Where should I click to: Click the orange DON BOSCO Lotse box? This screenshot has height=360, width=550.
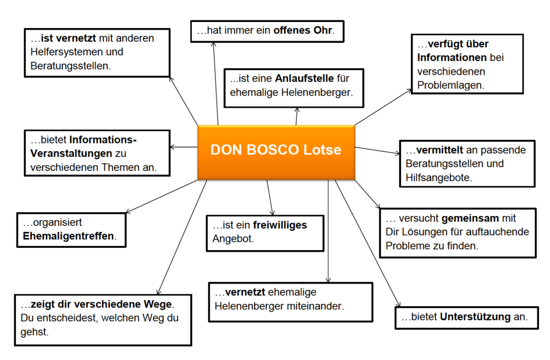pyautogui.click(x=276, y=152)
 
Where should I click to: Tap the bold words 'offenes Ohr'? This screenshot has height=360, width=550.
pyautogui.click(x=302, y=30)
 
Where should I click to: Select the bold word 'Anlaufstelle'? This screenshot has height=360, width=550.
pyautogui.click(x=305, y=78)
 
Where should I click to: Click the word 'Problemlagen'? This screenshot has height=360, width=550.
pyautogui.click(x=450, y=85)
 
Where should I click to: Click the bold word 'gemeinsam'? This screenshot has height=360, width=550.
pyautogui.click(x=470, y=218)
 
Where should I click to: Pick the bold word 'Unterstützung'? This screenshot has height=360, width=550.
pyautogui.click(x=475, y=317)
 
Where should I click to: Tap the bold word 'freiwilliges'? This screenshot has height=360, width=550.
pyautogui.click(x=280, y=225)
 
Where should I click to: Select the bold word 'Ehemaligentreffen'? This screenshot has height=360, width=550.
pyautogui.click(x=68, y=236)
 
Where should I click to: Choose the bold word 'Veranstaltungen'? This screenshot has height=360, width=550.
pyautogui.click(x=71, y=153)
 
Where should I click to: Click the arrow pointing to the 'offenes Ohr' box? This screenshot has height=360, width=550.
pyautogui.click(x=216, y=84)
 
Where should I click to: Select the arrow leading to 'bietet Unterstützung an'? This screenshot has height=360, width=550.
pyautogui.click(x=367, y=243)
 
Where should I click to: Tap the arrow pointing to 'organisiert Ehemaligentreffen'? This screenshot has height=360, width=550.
pyautogui.click(x=162, y=196)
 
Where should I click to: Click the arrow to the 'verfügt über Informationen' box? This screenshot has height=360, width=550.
pyautogui.click(x=383, y=107)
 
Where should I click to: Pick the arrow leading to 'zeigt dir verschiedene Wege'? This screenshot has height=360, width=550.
pyautogui.click(x=182, y=237)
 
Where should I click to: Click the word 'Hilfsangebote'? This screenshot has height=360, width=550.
pyautogui.click(x=438, y=178)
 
